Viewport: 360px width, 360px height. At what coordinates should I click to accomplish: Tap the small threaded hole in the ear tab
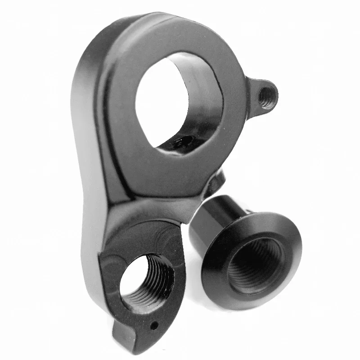tap(266, 95)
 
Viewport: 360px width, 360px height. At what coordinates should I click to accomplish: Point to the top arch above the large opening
tap(180, 34)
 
